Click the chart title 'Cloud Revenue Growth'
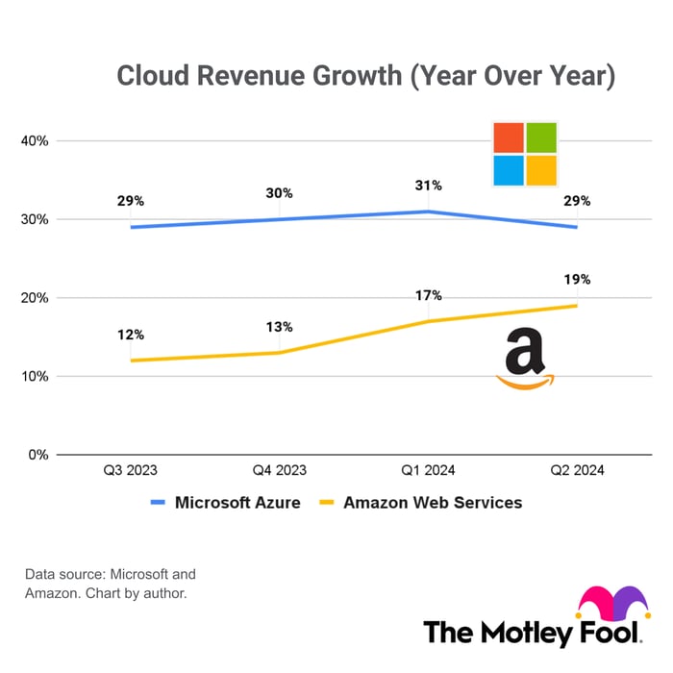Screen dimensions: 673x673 pos(365,76)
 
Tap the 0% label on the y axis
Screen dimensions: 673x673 pos(38,455)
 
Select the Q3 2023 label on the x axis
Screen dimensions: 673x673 pos(131,471)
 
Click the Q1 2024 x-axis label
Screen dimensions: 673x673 pos(429,471)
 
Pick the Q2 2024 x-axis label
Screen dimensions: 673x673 pos(577,471)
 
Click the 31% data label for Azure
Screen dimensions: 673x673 pos(429,186)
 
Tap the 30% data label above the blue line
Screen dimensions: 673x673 pos(279,193)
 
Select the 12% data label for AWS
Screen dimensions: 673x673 pos(131,335)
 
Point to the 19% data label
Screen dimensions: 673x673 pos(577,280)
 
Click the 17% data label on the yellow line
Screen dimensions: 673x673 pos(429,295)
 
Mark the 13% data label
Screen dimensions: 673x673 pos(279,327)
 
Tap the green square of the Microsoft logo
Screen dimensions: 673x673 pos(541,137)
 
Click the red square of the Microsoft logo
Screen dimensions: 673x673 pos(509,137)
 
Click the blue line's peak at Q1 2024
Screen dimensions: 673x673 pos(429,212)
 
